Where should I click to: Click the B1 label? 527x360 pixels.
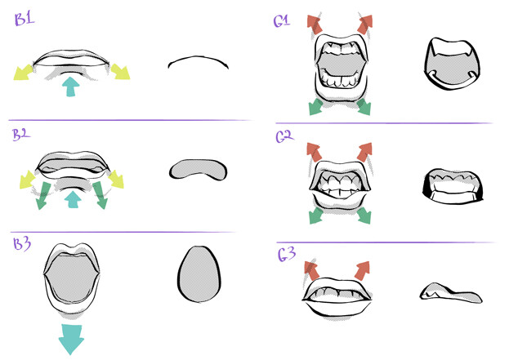pos(25,19)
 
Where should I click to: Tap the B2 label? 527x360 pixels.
pos(21,135)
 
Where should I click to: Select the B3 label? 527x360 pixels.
pos(22,243)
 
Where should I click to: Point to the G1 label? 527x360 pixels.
pos(281,21)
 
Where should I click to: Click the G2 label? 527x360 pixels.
pos(284,136)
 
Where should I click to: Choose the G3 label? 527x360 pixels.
pos(286,254)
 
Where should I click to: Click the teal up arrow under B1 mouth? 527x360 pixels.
pos(70,87)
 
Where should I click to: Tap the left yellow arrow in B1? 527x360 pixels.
pos(23,72)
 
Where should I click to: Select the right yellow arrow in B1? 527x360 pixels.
pos(120,72)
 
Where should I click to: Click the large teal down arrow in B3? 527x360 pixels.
pos(71,339)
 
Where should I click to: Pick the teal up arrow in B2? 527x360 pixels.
pos(73,199)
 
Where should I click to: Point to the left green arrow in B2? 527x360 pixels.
pos(43,196)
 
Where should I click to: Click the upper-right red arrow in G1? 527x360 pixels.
pos(365,24)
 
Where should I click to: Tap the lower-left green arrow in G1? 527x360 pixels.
pos(316,107)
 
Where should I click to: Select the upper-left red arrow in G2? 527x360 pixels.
pos(315,152)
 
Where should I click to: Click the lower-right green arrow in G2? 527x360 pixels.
pos(364,216)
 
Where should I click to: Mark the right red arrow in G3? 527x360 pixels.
pos(362,270)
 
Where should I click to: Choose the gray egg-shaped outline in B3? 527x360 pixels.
pos(199,274)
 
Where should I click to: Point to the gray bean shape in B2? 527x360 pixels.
pos(199,170)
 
